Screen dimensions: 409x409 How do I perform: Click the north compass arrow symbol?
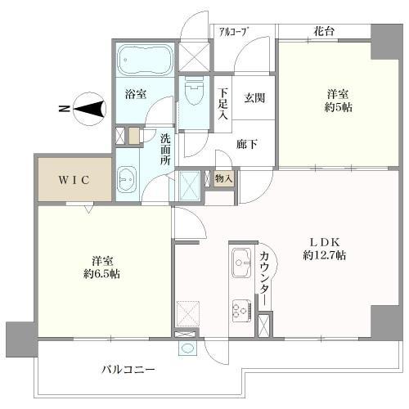click(89, 107)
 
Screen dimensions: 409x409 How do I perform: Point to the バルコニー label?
click(128, 369)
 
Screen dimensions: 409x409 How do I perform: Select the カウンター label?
click(264, 278)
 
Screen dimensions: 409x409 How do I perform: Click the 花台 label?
click(324, 31)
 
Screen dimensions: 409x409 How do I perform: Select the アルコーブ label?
click(233, 31)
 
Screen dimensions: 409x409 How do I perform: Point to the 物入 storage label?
click(223, 178)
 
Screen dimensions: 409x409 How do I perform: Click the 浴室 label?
click(136, 94)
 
